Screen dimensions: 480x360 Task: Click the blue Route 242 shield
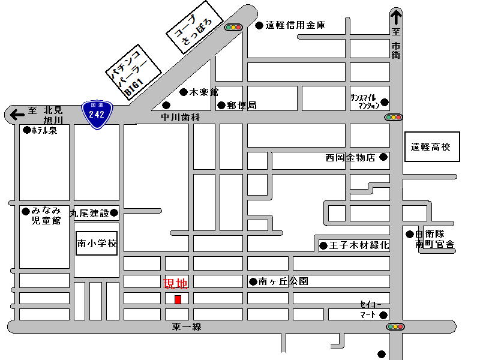coord(97,115)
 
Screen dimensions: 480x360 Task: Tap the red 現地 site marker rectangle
coord(178,299)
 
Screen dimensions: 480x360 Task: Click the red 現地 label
coord(175,284)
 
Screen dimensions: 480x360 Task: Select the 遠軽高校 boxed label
coord(432,146)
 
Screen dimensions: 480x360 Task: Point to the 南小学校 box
coord(97,244)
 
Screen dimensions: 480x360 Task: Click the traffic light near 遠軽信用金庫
coord(233,28)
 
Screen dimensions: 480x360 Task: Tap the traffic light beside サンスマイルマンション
coord(394,117)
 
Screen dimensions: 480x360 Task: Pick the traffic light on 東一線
coord(395,326)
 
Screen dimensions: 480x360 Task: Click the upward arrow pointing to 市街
coord(396,17)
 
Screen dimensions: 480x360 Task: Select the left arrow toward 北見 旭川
coord(17,115)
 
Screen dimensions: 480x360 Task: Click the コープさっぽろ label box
coord(194,27)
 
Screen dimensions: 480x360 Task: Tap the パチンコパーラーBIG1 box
coord(133,72)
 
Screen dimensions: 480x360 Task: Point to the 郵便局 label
coord(242,106)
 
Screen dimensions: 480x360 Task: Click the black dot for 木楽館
coord(184,92)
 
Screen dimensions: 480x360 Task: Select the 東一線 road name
coord(187,326)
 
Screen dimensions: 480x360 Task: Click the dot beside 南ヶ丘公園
coord(253,281)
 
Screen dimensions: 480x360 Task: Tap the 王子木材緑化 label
coord(359,245)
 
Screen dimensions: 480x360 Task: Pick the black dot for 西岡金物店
coord(383,157)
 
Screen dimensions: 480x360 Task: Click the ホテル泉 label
coord(44,130)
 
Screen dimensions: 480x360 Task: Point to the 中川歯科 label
coord(181,118)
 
